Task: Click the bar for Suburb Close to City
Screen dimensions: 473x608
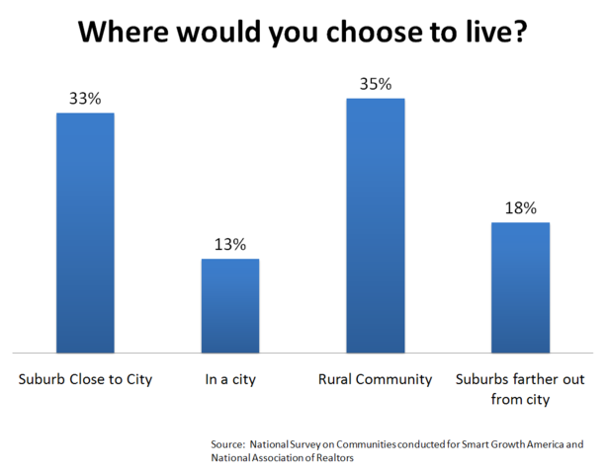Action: [85, 232]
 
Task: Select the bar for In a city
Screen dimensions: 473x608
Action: [230, 305]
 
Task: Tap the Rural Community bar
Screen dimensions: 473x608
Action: [375, 224]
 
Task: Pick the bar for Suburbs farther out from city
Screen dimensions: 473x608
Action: [520, 286]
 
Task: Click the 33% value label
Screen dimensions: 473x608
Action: [85, 99]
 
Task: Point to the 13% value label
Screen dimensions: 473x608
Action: [230, 245]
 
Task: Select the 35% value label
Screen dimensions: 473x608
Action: [375, 84]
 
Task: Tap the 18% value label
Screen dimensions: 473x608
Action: [520, 208]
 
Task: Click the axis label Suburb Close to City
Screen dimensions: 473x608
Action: [85, 380]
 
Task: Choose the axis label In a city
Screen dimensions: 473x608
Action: [230, 380]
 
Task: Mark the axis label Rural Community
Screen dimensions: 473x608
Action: [375, 380]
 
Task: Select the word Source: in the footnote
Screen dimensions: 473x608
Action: [227, 444]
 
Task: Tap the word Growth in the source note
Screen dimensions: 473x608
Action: [510, 444]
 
